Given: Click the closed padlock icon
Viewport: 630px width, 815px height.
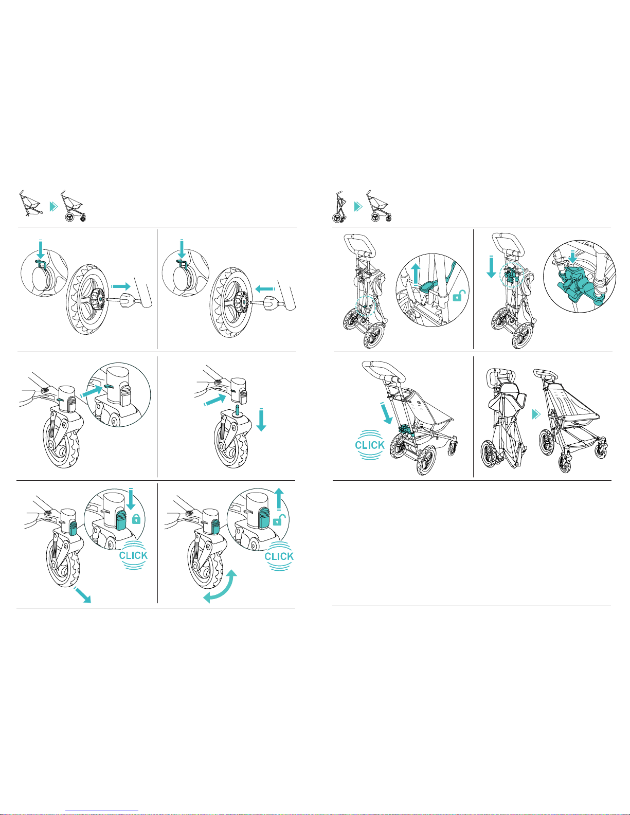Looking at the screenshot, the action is tap(136, 519).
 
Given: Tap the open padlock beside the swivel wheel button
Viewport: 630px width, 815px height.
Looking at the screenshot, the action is tap(279, 519).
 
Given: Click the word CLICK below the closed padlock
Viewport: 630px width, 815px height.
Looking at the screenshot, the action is tap(134, 555).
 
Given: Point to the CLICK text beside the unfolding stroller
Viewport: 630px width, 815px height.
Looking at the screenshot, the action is tap(370, 445).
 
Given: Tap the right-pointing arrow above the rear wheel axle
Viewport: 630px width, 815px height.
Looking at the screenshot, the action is tap(121, 286).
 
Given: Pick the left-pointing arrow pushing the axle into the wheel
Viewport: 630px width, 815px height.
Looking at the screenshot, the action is tap(265, 289).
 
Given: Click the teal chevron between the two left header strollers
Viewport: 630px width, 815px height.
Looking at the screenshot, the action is tap(54, 206).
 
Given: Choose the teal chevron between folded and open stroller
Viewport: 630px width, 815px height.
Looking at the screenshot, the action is tap(536, 414).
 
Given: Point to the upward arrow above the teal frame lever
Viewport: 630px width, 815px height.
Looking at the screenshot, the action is tap(416, 275).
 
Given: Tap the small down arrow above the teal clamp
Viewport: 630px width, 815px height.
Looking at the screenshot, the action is tap(572, 257).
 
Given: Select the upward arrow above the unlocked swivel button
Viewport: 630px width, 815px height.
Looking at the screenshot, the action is tap(279, 499).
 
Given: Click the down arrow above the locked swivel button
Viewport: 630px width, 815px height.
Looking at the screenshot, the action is tap(131, 499).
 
